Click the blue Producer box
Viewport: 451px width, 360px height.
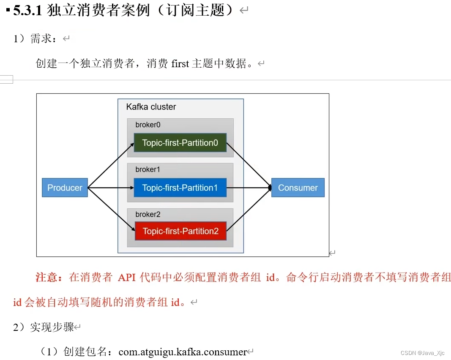65,188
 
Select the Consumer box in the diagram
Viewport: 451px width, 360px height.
298,188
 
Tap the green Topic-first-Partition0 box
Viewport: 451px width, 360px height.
180,143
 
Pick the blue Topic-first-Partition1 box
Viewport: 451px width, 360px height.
180,188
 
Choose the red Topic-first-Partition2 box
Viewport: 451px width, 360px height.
180,231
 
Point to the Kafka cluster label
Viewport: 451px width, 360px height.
151,107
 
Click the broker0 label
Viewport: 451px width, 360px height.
148,125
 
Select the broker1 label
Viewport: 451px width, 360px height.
148,169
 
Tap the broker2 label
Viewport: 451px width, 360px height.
148,214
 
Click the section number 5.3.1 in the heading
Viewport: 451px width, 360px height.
27,11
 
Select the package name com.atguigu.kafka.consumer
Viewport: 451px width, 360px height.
183,352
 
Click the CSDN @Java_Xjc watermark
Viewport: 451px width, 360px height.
422,353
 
